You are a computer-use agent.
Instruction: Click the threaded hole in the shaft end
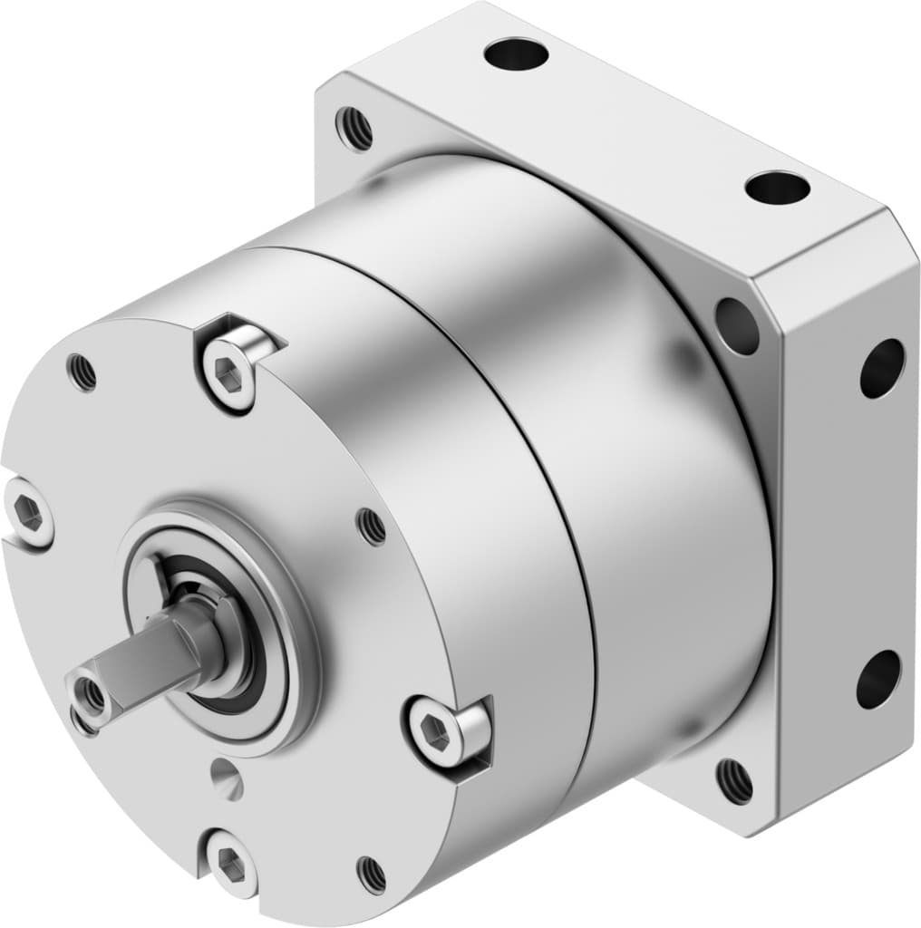(x=92, y=694)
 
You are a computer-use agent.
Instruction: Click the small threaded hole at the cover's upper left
(x=82, y=372)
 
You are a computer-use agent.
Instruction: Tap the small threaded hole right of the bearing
(x=372, y=526)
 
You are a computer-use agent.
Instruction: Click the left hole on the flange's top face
(x=516, y=54)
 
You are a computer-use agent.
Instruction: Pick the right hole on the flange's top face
(x=777, y=188)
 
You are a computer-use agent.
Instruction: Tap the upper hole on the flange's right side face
(x=881, y=368)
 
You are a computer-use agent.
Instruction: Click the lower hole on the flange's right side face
(x=878, y=680)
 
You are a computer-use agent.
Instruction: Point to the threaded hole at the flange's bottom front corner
(x=734, y=780)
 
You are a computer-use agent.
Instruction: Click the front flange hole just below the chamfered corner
(x=737, y=325)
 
